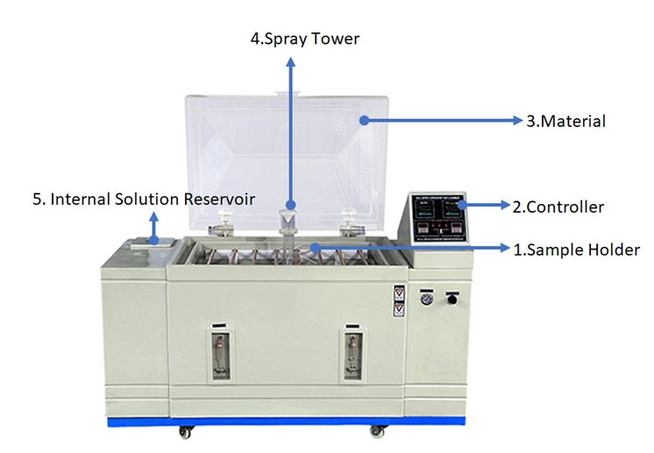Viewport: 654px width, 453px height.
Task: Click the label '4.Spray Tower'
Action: tap(305, 39)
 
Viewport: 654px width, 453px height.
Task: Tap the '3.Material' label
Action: tap(565, 121)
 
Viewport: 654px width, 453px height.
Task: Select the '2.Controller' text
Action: tap(558, 207)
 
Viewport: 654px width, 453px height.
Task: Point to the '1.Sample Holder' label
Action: tap(576, 250)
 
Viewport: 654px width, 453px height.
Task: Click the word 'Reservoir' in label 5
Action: tap(219, 200)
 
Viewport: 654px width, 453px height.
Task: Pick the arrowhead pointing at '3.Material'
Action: tap(516, 121)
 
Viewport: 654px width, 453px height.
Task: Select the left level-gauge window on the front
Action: tap(218, 354)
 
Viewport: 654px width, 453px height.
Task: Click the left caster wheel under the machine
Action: tap(188, 432)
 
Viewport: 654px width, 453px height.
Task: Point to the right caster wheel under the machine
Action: tap(377, 432)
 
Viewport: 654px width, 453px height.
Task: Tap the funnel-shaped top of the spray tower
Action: tap(288, 216)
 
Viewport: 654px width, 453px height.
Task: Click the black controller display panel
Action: tap(436, 216)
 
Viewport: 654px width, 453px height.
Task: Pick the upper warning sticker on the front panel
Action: tap(399, 292)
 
